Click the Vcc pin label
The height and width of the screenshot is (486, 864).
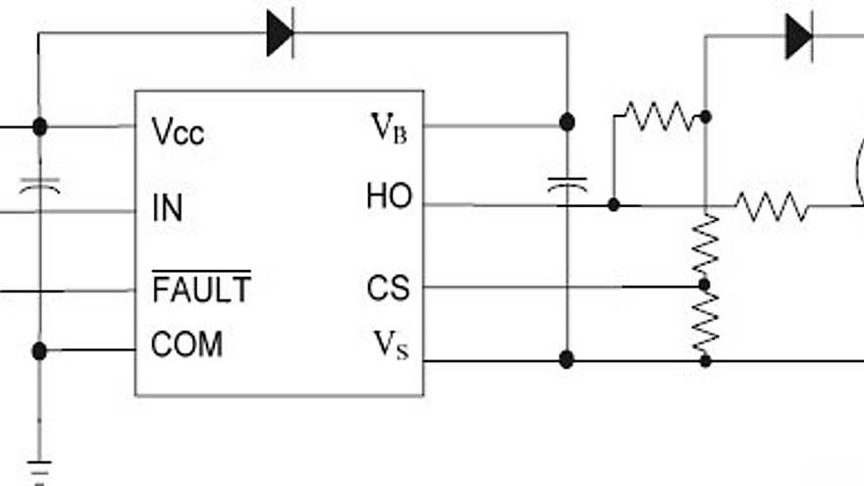(x=178, y=132)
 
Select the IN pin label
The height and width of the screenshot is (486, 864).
(x=167, y=208)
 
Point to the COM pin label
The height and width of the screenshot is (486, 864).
(x=187, y=345)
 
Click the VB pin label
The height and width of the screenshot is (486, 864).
(x=388, y=127)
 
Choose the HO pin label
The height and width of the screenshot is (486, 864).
(x=389, y=198)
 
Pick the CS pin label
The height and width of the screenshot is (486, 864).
(x=388, y=289)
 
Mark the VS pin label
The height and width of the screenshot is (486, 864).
(x=390, y=346)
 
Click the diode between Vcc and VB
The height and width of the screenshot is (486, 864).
(x=280, y=35)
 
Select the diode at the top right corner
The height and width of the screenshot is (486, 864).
(x=799, y=37)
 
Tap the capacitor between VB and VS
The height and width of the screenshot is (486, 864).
(x=567, y=186)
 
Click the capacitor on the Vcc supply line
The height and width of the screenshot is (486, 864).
(x=39, y=186)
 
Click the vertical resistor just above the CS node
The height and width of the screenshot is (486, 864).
(x=705, y=245)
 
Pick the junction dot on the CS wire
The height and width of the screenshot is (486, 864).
(x=704, y=286)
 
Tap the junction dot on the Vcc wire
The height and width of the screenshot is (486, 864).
(x=39, y=127)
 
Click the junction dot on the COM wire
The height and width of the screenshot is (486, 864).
(x=39, y=351)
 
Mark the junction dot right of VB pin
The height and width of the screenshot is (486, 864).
(x=567, y=122)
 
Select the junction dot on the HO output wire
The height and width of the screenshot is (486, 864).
(x=614, y=205)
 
